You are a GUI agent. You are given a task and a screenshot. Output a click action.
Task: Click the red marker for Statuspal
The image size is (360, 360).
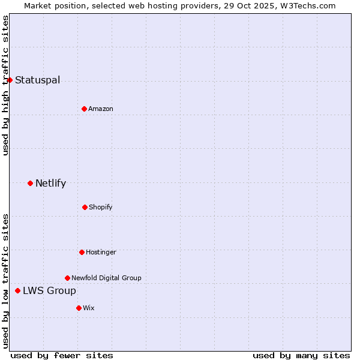point(10,80)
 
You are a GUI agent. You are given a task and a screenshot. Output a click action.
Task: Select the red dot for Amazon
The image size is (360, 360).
point(84,109)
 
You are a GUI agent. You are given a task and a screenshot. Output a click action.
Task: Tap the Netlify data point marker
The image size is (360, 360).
point(30,183)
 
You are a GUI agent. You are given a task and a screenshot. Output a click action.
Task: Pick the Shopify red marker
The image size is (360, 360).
point(85,207)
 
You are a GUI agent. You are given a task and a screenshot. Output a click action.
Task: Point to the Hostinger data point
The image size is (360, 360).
point(82,252)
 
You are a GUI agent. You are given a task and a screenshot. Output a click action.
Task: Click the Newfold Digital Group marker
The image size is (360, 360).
point(67,278)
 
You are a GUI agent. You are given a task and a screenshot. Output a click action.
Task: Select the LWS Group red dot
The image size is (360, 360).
point(17,290)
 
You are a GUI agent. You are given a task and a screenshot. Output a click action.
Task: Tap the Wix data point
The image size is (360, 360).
point(79,308)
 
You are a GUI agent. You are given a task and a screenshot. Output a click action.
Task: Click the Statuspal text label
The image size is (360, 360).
point(37,80)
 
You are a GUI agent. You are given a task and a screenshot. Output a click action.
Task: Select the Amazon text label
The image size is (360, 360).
point(101,109)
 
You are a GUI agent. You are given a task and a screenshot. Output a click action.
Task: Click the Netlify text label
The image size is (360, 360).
point(50,184)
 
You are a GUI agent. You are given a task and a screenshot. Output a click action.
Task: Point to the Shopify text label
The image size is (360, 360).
point(101,208)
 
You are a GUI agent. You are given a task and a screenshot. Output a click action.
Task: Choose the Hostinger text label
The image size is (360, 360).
point(101,253)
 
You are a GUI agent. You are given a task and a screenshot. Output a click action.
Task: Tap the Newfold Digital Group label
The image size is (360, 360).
point(106,278)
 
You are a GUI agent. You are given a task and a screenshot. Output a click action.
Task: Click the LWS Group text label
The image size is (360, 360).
point(49,291)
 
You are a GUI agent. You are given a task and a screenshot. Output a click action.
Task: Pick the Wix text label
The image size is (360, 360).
point(89,308)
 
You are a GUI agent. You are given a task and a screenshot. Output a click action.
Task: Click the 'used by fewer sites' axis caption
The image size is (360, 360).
point(62,355)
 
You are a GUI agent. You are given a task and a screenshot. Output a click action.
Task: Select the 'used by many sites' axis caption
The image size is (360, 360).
point(301,355)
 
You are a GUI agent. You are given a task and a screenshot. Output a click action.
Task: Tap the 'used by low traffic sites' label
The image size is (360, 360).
point(5,281)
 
